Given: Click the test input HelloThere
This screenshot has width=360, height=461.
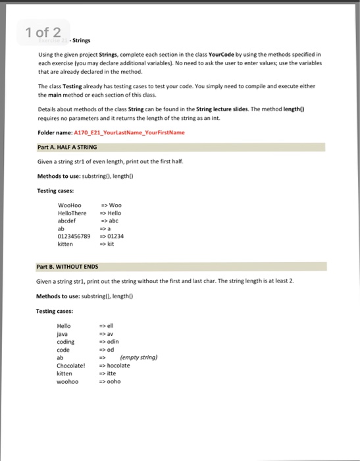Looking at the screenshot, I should point(74,213).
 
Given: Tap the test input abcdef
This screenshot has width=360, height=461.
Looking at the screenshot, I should point(68,220).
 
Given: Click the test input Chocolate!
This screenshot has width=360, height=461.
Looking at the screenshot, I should point(72,365).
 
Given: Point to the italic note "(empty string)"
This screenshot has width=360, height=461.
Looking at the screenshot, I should point(139,358).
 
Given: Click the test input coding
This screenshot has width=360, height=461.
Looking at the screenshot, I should point(66,342).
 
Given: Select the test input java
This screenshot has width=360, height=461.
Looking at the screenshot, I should point(63,334).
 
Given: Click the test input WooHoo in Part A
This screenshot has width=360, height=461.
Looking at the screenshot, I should point(70,205).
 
